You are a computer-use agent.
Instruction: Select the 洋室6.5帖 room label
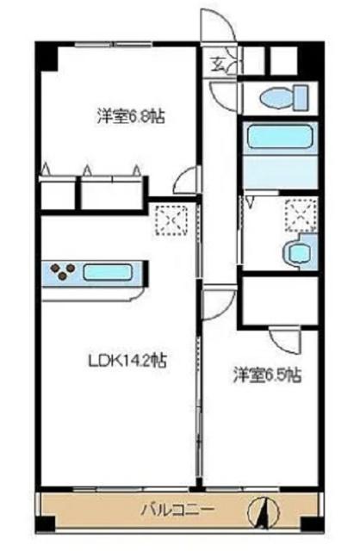pos(268,375)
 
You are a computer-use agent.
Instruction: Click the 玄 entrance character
pos(219,62)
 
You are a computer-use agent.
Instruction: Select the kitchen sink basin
pos(109,275)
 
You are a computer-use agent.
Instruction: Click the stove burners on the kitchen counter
pos(62,273)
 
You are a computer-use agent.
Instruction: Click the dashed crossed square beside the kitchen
pos(169,220)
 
